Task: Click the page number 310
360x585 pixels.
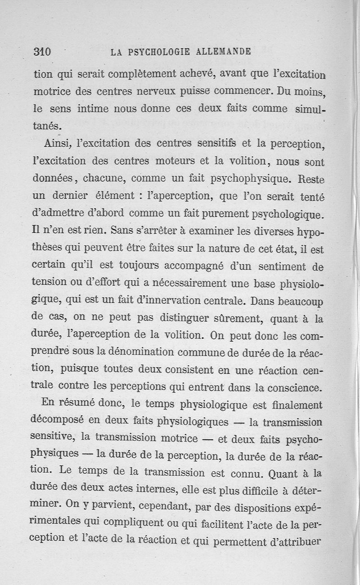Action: coord(42,52)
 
